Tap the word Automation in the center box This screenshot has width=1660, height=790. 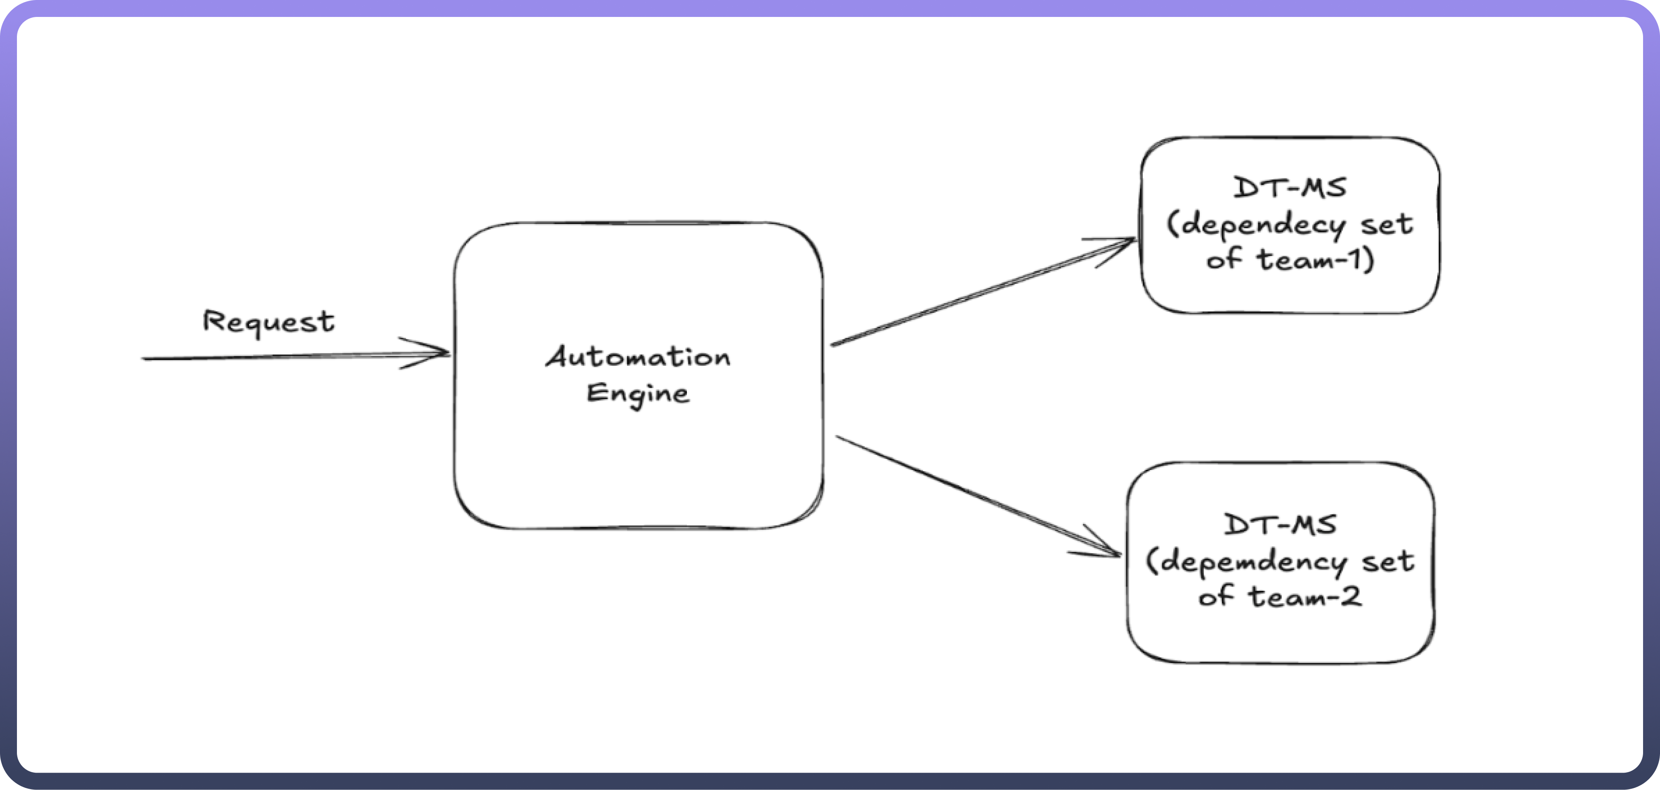[638, 357]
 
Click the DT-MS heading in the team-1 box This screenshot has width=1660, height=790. [1290, 188]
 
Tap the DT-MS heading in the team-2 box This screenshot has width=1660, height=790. [1281, 525]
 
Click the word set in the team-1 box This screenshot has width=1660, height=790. [1387, 224]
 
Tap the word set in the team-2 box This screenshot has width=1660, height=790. [1388, 562]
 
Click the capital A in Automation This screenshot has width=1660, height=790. [558, 356]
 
